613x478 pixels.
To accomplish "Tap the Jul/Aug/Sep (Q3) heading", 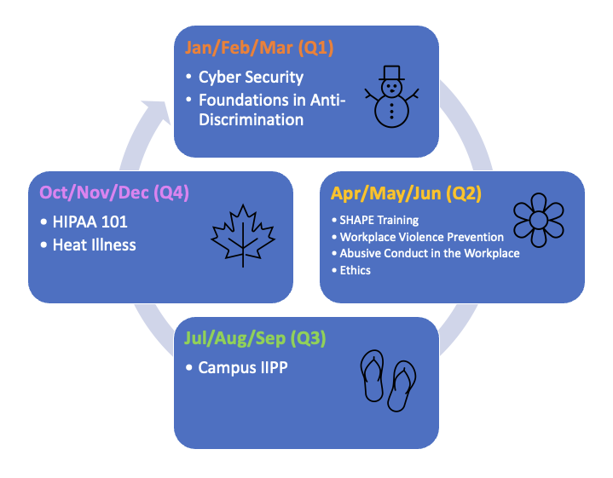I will (x=255, y=338).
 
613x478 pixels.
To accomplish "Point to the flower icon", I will (x=538, y=220).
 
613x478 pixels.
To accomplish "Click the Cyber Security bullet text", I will (x=251, y=77).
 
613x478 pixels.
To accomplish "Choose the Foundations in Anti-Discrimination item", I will (x=271, y=110).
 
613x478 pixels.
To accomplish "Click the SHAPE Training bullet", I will (x=379, y=220).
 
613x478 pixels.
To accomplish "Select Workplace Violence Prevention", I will (x=421, y=236).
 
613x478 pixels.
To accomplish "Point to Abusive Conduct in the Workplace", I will (x=429, y=253).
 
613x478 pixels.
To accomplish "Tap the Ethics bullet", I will (x=355, y=270).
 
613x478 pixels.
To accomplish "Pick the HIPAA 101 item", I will (x=91, y=222).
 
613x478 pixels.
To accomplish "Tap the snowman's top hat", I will (x=392, y=72).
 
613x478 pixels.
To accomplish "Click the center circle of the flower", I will (x=538, y=220).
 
